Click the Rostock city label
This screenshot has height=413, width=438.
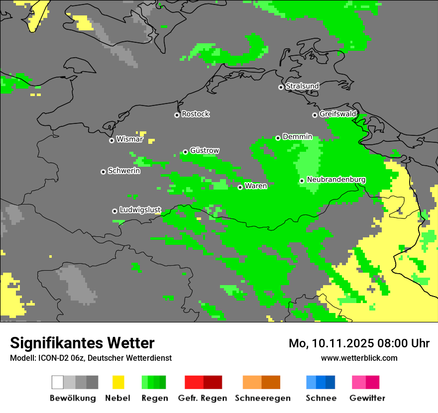[195, 114]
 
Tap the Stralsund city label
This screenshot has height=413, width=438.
[302, 86]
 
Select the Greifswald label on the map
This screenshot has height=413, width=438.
[337, 114]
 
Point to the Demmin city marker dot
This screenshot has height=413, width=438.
[278, 138]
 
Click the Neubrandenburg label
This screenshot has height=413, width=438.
[336, 180]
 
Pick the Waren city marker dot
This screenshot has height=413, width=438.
[240, 187]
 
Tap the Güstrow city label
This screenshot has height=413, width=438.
[204, 151]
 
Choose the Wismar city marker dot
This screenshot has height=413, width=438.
[112, 140]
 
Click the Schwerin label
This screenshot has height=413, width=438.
[124, 171]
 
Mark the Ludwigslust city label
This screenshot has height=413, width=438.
[140, 210]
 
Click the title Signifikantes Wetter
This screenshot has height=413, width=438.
[82, 343]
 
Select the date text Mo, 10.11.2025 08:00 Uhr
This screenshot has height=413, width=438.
[359, 343]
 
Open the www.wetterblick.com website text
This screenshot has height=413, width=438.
[359, 358]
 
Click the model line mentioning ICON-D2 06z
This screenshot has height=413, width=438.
[91, 358]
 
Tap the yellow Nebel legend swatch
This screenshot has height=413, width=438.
[118, 382]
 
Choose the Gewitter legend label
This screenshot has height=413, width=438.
[367, 398]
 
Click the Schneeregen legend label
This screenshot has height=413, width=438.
[262, 398]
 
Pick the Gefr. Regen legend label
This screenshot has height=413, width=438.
[203, 398]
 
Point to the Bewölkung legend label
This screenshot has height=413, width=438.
[73, 398]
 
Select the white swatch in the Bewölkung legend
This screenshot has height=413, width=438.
[58, 382]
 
